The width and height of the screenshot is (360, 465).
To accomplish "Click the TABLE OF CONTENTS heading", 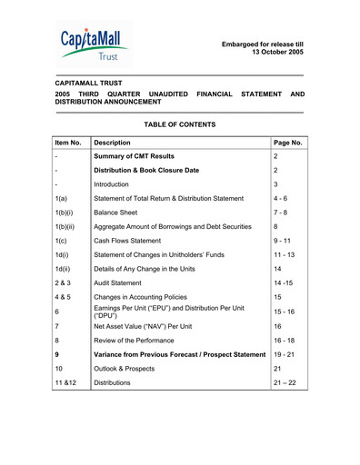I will click(180, 124).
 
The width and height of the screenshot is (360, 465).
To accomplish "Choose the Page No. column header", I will click(287, 143).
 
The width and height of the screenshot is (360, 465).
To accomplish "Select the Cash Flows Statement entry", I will click(134, 241).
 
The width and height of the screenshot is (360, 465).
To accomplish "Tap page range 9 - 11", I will click(284, 241).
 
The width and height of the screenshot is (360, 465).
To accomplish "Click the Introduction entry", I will click(116, 184).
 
